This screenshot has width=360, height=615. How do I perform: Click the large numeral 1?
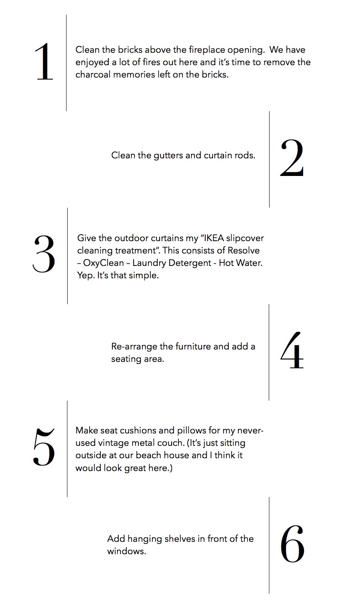click(44, 62)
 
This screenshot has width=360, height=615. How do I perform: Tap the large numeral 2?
click(292, 157)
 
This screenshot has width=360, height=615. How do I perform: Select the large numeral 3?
click(44, 254)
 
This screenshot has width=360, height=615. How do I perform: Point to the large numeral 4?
click(292, 350)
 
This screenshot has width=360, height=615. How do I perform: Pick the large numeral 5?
click(44, 447)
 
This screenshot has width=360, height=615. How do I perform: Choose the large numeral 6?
click(292, 544)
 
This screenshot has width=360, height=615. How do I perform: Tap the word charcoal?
click(93, 74)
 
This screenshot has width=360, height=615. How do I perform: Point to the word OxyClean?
click(104, 263)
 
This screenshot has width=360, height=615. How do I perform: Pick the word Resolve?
click(244, 250)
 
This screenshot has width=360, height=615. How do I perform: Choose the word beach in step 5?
click(148, 455)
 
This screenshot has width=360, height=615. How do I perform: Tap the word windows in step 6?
click(126, 551)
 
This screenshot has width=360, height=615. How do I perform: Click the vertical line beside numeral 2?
click(269, 159)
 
